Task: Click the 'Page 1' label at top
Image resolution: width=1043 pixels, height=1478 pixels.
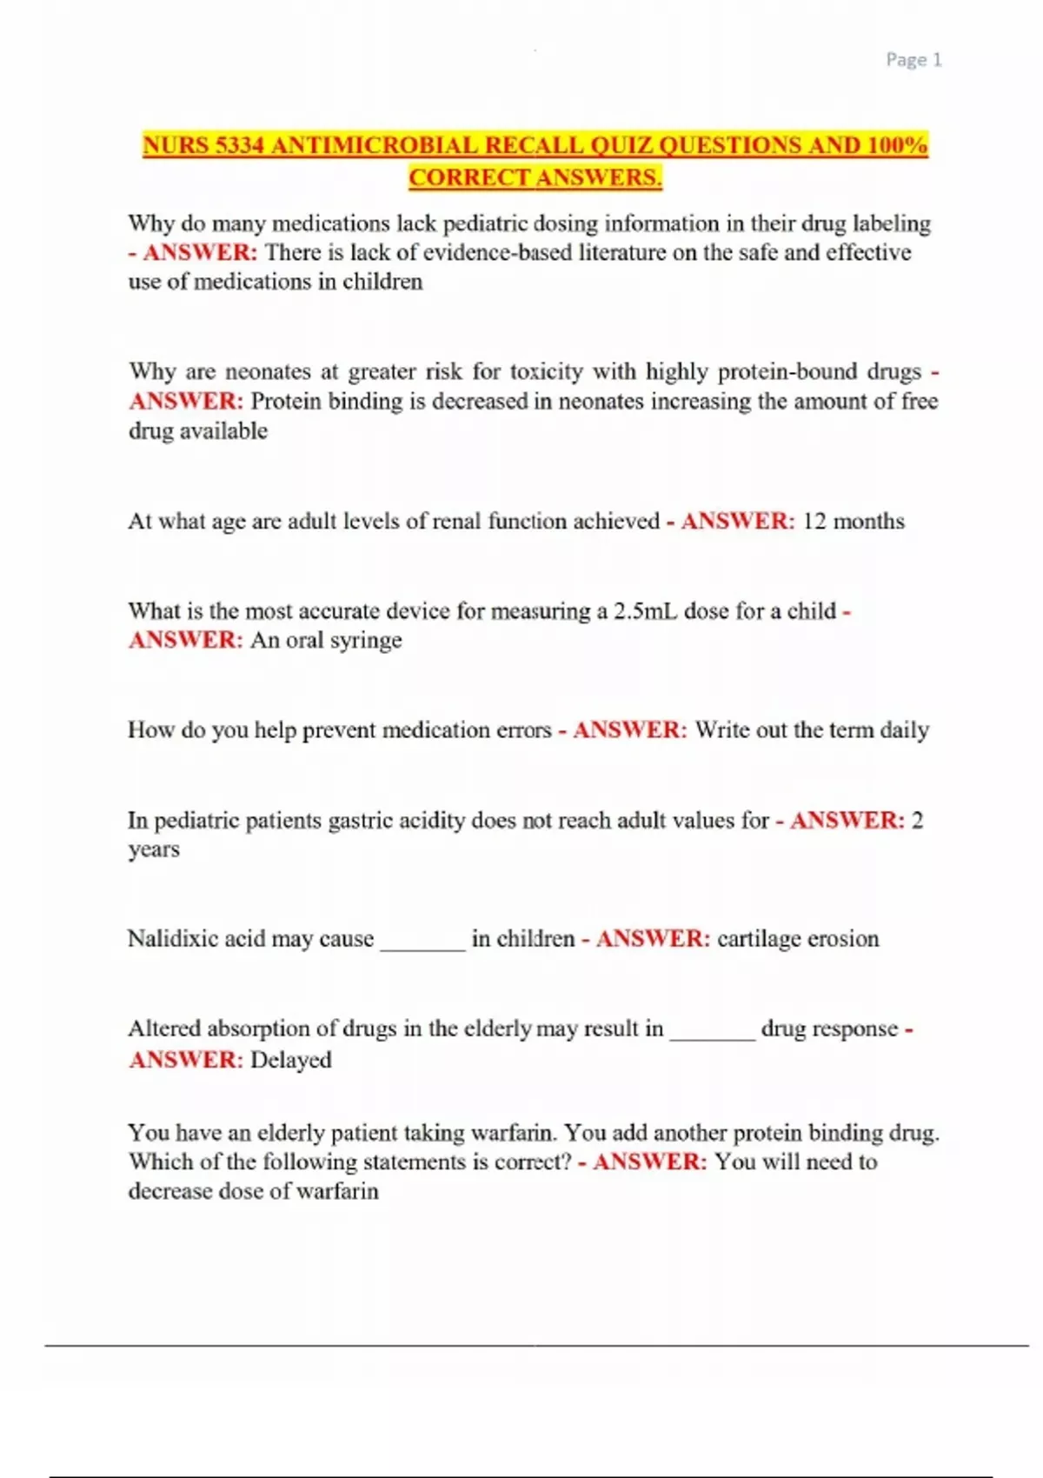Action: coord(913,60)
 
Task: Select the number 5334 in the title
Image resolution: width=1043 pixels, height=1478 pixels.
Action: coord(240,145)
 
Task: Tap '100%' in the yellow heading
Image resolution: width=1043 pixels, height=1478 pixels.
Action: coord(896,145)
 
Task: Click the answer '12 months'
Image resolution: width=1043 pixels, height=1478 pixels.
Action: coord(854,522)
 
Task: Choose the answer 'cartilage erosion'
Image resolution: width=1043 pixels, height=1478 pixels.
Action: coord(798,939)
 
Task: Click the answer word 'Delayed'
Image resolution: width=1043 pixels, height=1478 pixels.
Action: coord(291,1060)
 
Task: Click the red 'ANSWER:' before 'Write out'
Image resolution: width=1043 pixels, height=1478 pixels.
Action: coord(630,730)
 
